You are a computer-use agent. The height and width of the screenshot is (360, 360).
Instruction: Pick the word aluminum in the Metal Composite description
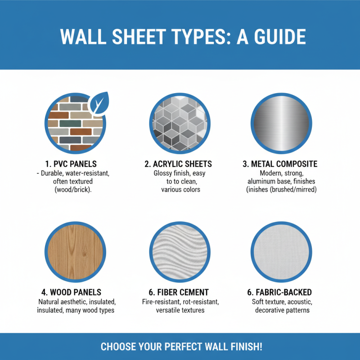click(261, 181)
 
